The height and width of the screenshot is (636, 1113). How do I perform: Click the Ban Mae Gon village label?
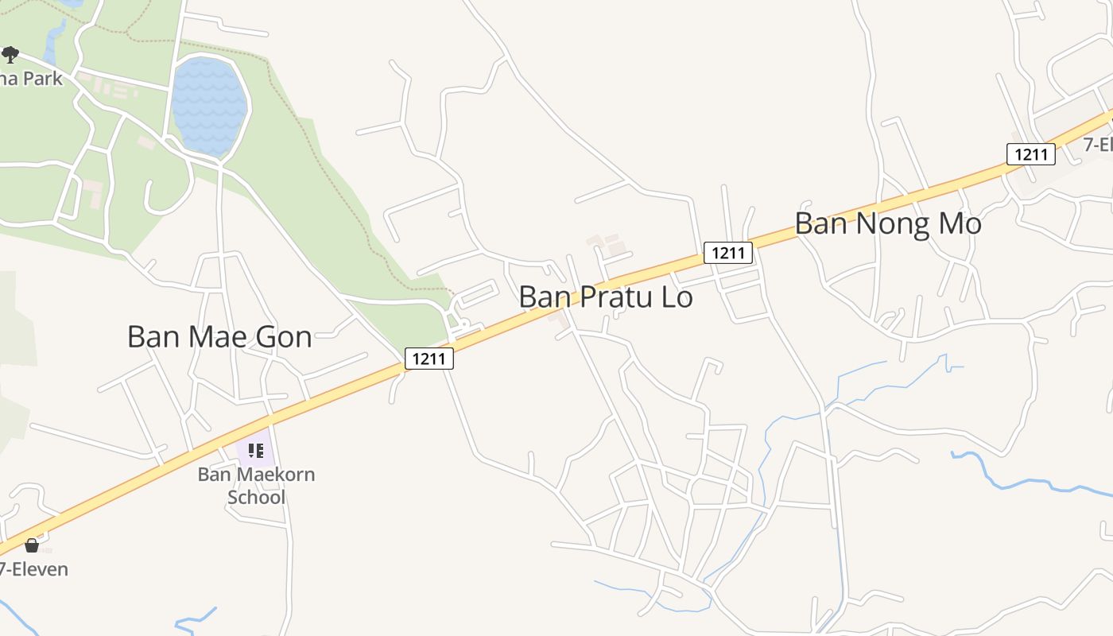(x=219, y=337)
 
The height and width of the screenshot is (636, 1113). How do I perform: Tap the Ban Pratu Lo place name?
(x=606, y=297)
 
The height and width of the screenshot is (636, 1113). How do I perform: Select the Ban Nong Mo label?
(x=888, y=223)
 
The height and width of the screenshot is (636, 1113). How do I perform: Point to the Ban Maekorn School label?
(x=256, y=486)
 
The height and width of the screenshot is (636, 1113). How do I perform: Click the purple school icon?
(x=256, y=451)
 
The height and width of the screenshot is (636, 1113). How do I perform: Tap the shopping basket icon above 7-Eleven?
(x=32, y=545)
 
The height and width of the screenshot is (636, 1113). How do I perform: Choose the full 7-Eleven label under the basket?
(x=34, y=569)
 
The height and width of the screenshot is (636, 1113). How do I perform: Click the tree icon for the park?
(x=10, y=55)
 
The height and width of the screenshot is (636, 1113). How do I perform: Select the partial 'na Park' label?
(x=31, y=78)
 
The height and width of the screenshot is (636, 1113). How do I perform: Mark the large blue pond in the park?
(x=209, y=105)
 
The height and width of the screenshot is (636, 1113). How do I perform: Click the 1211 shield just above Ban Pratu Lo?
(x=727, y=253)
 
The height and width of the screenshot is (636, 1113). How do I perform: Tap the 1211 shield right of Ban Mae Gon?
(x=429, y=359)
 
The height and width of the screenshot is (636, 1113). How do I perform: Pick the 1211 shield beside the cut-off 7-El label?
(x=1031, y=154)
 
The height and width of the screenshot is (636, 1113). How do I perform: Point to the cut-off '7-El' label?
(x=1098, y=145)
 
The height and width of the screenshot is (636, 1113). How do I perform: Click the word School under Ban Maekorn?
(x=256, y=498)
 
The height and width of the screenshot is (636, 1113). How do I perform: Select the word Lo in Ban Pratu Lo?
(x=674, y=297)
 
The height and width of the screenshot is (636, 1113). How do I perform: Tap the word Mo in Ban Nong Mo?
(x=960, y=223)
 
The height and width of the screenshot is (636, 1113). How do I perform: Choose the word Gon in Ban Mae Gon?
(x=283, y=337)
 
